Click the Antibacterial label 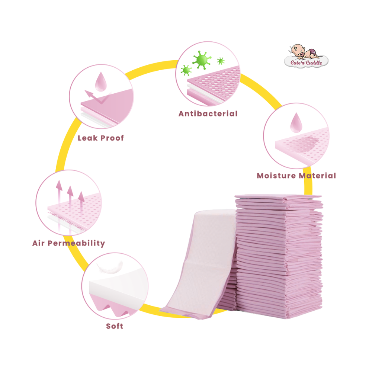[208, 113]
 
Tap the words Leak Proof [101, 138]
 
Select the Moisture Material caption [296, 176]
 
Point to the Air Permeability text [68, 243]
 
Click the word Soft [115, 326]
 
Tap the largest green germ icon [202, 60]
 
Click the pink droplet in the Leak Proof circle [101, 81]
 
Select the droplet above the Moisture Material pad [296, 122]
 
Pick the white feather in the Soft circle [110, 267]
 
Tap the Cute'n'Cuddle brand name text [306, 62]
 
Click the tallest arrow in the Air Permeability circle [59, 204]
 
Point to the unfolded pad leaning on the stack [199, 264]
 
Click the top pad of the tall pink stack [278, 197]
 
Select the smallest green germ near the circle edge [221, 61]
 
